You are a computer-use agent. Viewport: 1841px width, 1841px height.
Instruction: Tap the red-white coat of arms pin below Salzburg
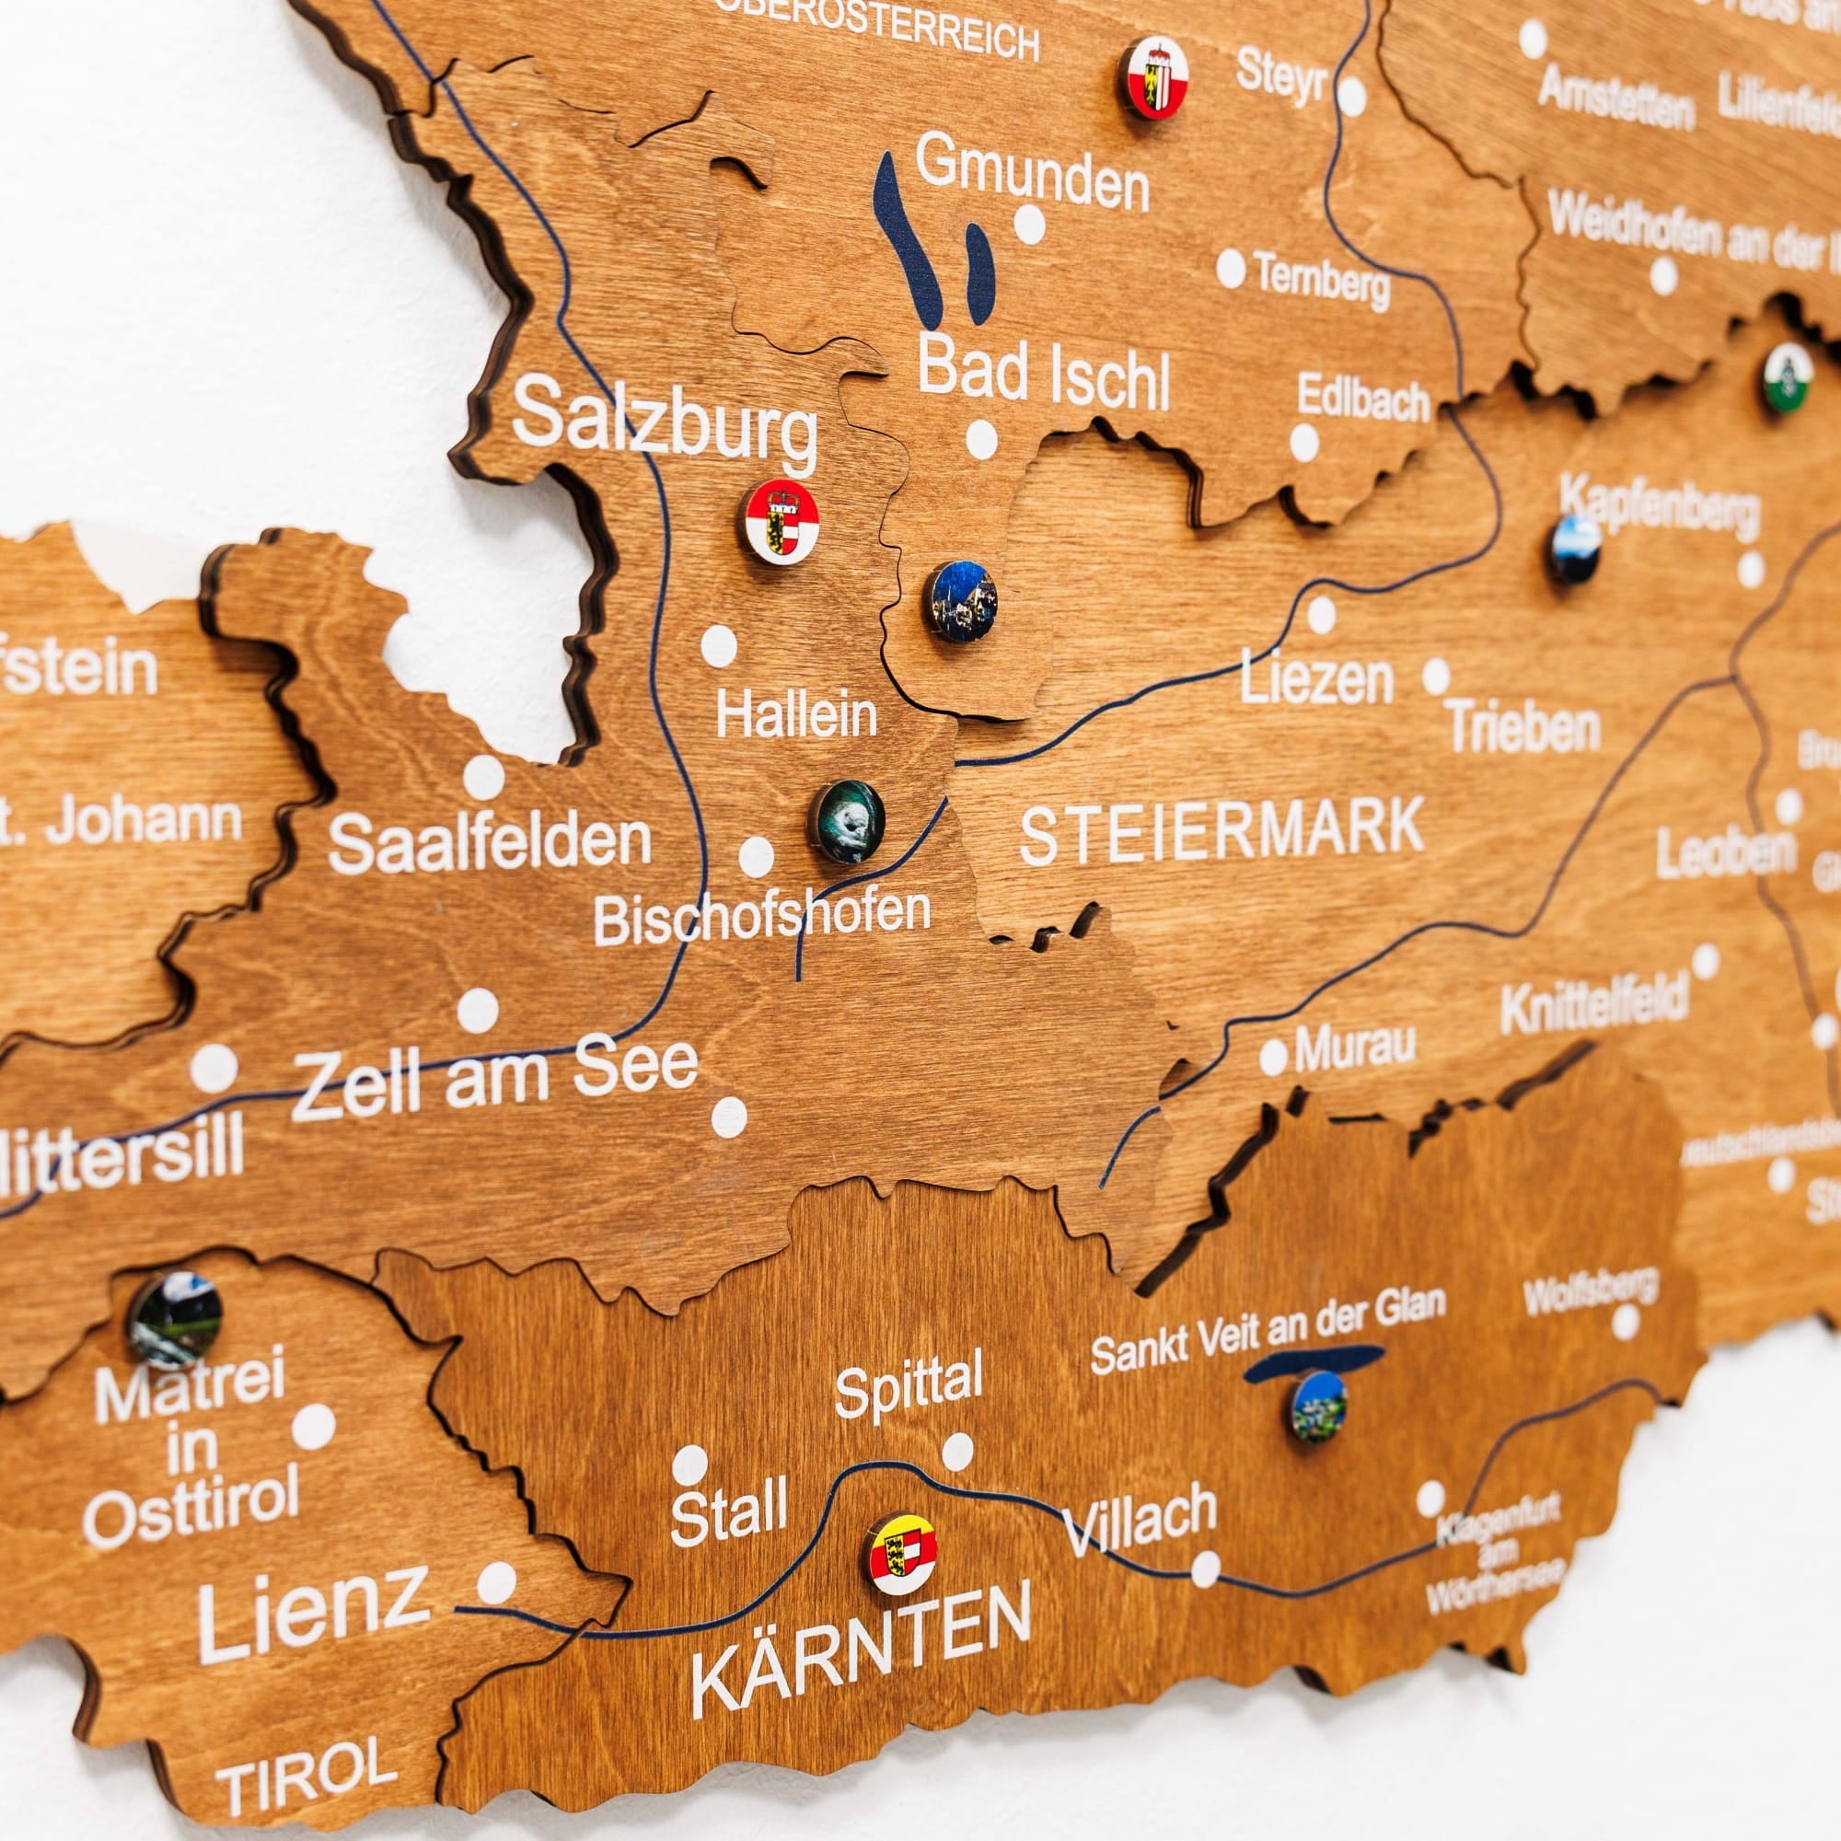pyautogui.click(x=782, y=519)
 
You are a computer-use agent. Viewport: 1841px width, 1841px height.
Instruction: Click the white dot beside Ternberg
pyautogui.click(x=1230, y=270)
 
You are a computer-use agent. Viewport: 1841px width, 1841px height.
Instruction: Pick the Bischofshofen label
pyautogui.click(x=762, y=917)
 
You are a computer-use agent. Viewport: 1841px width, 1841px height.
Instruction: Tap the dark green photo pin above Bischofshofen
pyautogui.click(x=850, y=821)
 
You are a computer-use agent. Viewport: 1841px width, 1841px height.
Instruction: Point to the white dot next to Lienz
pyautogui.click(x=495, y=1582)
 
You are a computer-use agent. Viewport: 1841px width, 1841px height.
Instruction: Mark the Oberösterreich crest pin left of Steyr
pyautogui.click(x=1154, y=78)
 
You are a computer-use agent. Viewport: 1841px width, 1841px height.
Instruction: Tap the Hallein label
pyautogui.click(x=796, y=714)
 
